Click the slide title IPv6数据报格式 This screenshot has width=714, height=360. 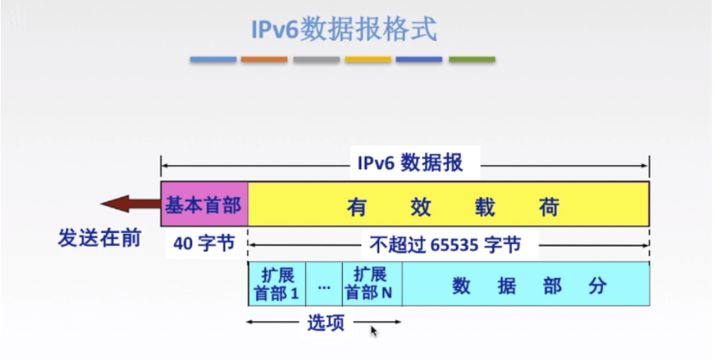click(x=343, y=30)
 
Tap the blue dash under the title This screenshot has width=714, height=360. click(x=213, y=60)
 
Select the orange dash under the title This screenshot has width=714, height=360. click(x=264, y=60)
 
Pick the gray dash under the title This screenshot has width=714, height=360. click(x=316, y=60)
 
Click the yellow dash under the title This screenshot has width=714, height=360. click(x=368, y=60)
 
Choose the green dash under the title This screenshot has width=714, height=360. click(x=472, y=60)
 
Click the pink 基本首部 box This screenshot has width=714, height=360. click(x=204, y=204)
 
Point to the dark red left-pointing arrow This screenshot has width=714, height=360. click(x=129, y=204)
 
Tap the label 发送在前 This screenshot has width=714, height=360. click(x=100, y=238)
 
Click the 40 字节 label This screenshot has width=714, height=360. click(x=204, y=244)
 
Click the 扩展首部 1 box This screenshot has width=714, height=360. click(x=277, y=284)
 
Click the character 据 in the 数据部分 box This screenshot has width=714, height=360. click(x=506, y=286)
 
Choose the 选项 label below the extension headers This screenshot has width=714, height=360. click(x=325, y=323)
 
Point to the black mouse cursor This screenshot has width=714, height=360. click(x=373, y=331)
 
